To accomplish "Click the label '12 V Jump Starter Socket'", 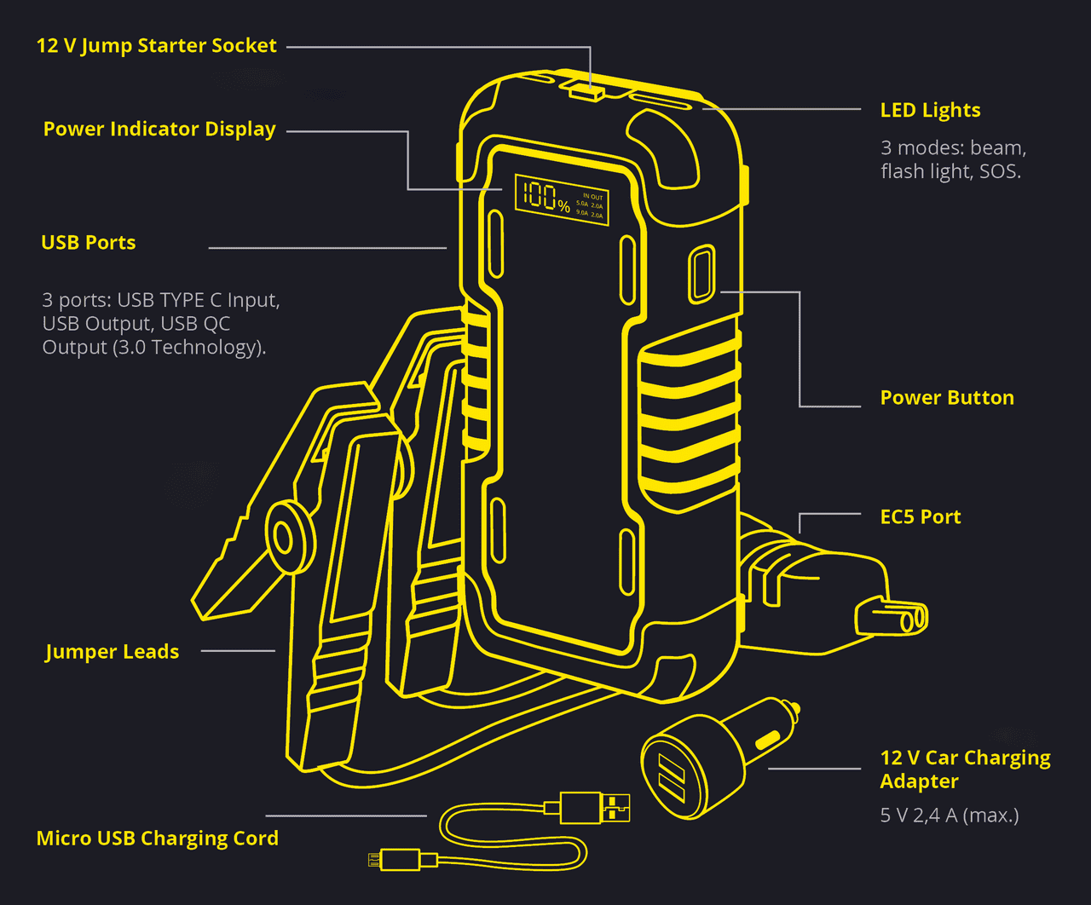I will pyautogui.click(x=156, y=46).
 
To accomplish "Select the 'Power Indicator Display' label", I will pyautogui.click(x=159, y=130).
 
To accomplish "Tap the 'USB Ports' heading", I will pyautogui.click(x=89, y=243).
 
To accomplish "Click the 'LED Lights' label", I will pyautogui.click(x=930, y=111).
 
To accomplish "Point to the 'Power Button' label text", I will pyautogui.click(x=947, y=398).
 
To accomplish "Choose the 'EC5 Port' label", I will pyautogui.click(x=920, y=517).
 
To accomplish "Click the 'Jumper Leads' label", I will pyautogui.click(x=112, y=652).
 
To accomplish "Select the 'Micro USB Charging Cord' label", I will pyautogui.click(x=158, y=839).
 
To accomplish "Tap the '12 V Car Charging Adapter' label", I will pyautogui.click(x=964, y=770).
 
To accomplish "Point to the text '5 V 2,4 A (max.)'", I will pyautogui.click(x=949, y=816).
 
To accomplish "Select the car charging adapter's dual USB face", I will pyautogui.click(x=672, y=777).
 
